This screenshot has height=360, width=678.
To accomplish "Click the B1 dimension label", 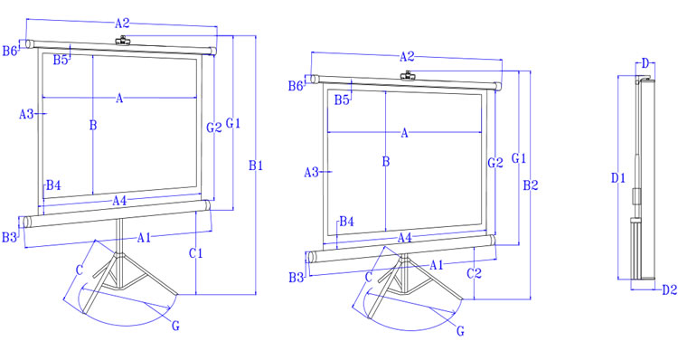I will point(256,166).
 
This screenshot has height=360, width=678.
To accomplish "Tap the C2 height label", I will point(474,272).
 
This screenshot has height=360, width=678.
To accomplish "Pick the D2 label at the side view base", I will point(669,289).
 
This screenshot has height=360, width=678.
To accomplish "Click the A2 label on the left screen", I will point(123,22).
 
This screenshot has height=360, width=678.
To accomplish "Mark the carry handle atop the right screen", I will point(408,74).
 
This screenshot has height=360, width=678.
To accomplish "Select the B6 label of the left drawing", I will point(10,52).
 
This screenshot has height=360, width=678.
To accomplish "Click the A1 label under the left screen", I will point(145,238).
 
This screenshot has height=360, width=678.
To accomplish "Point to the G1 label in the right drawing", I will point(519,158).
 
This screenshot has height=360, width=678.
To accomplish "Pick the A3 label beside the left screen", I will point(27,114).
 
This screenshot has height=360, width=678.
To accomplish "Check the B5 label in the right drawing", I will point(342,99).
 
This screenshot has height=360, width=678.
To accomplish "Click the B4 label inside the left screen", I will point(53,185).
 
